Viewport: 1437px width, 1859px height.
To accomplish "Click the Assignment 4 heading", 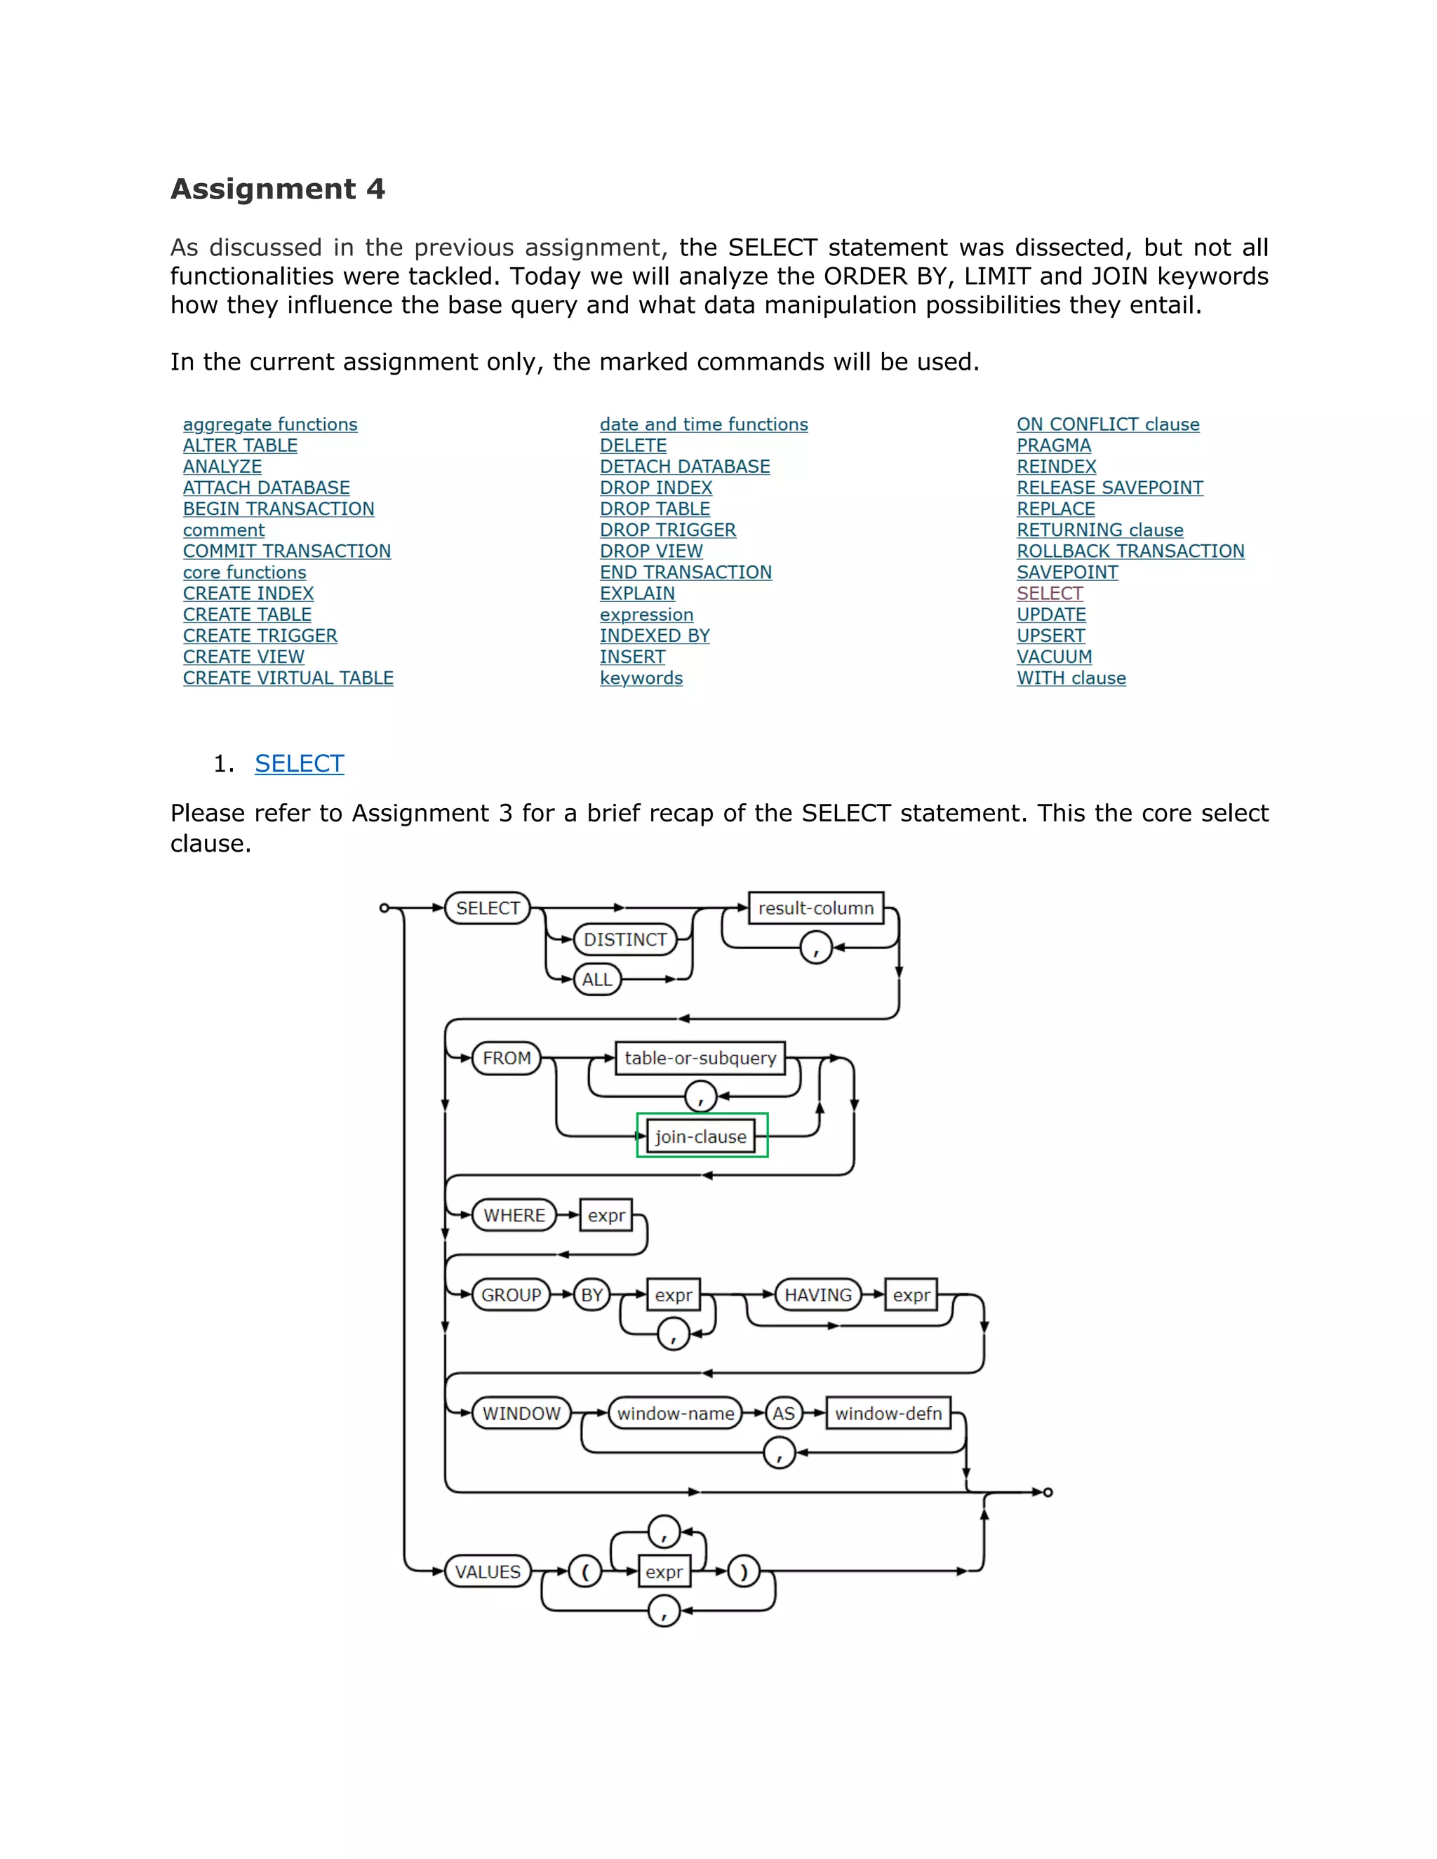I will coord(278,188).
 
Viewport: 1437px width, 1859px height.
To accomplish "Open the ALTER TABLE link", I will coord(240,445).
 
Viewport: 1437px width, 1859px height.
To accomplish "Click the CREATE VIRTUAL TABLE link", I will coord(288,678).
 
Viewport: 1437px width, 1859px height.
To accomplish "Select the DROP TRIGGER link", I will coord(667,530).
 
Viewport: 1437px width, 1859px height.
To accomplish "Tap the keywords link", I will coord(641,678).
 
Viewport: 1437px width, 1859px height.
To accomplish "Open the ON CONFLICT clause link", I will coord(1107,424).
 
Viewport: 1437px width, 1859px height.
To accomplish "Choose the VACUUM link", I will coord(1054,657).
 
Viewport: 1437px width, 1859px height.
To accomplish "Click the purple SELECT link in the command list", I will coord(1050,593).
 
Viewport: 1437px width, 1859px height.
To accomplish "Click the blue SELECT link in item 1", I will coord(300,763).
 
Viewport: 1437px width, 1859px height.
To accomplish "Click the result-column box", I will coord(815,908).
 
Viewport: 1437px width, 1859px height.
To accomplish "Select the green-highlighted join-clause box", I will coord(702,1136).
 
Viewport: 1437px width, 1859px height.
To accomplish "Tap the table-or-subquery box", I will coord(700,1058).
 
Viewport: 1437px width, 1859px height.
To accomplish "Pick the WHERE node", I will coord(514,1216).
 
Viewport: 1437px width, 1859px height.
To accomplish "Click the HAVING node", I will coord(817,1296).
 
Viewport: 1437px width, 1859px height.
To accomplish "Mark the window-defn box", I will coord(888,1414).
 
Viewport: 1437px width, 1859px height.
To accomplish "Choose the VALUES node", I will coord(488,1572).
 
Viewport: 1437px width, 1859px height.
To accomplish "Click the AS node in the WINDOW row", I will coord(783,1414).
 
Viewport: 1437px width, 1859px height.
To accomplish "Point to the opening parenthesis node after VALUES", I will coord(585,1572).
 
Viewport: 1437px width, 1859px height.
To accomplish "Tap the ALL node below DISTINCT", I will coord(597,980).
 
